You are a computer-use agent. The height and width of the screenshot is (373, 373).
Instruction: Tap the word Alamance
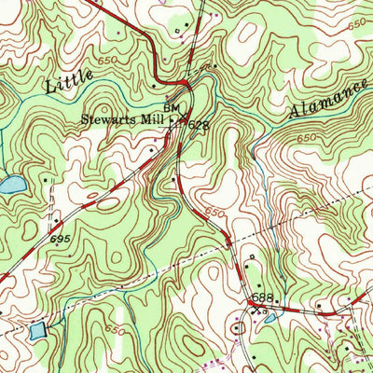click(319, 100)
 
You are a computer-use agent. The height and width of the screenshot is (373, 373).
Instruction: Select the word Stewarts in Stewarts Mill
click(110, 119)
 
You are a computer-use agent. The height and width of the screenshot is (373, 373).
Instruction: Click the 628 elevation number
click(198, 124)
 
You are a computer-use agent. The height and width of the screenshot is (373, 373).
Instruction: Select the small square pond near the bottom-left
click(37, 330)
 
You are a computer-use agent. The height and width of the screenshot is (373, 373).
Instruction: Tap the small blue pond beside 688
click(269, 318)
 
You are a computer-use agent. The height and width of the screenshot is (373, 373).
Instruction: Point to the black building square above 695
click(55, 221)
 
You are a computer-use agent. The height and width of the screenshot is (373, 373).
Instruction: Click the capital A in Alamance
click(290, 113)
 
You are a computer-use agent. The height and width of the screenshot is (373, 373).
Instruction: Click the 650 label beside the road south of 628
click(214, 213)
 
